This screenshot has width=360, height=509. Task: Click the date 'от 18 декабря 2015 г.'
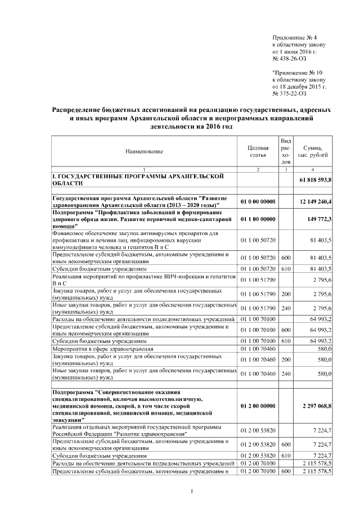point(299,87)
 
